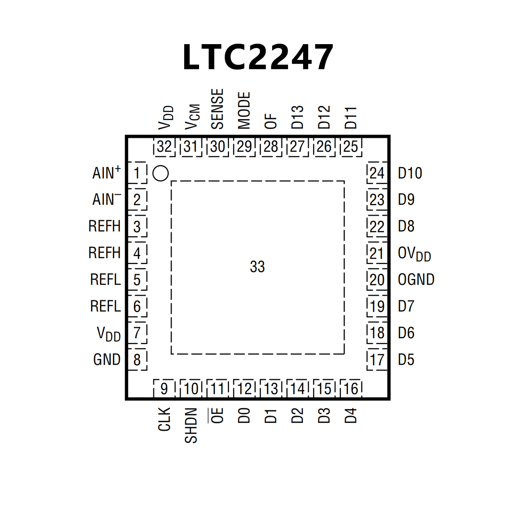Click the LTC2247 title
coord(258,57)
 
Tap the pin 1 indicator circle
coord(160,173)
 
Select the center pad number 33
coord(257,267)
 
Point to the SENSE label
coord(218,109)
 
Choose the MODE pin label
coord(244,110)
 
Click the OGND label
coord(416,280)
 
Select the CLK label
coord(164,419)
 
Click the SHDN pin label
coord(191,425)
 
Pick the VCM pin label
coord(192,117)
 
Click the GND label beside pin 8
coord(107,359)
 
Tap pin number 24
coord(377,173)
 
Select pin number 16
coord(351,389)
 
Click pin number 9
coord(164,389)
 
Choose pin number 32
coord(164,147)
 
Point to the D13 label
coord(297,117)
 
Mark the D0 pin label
coord(244,416)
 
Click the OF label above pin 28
coord(271,121)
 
